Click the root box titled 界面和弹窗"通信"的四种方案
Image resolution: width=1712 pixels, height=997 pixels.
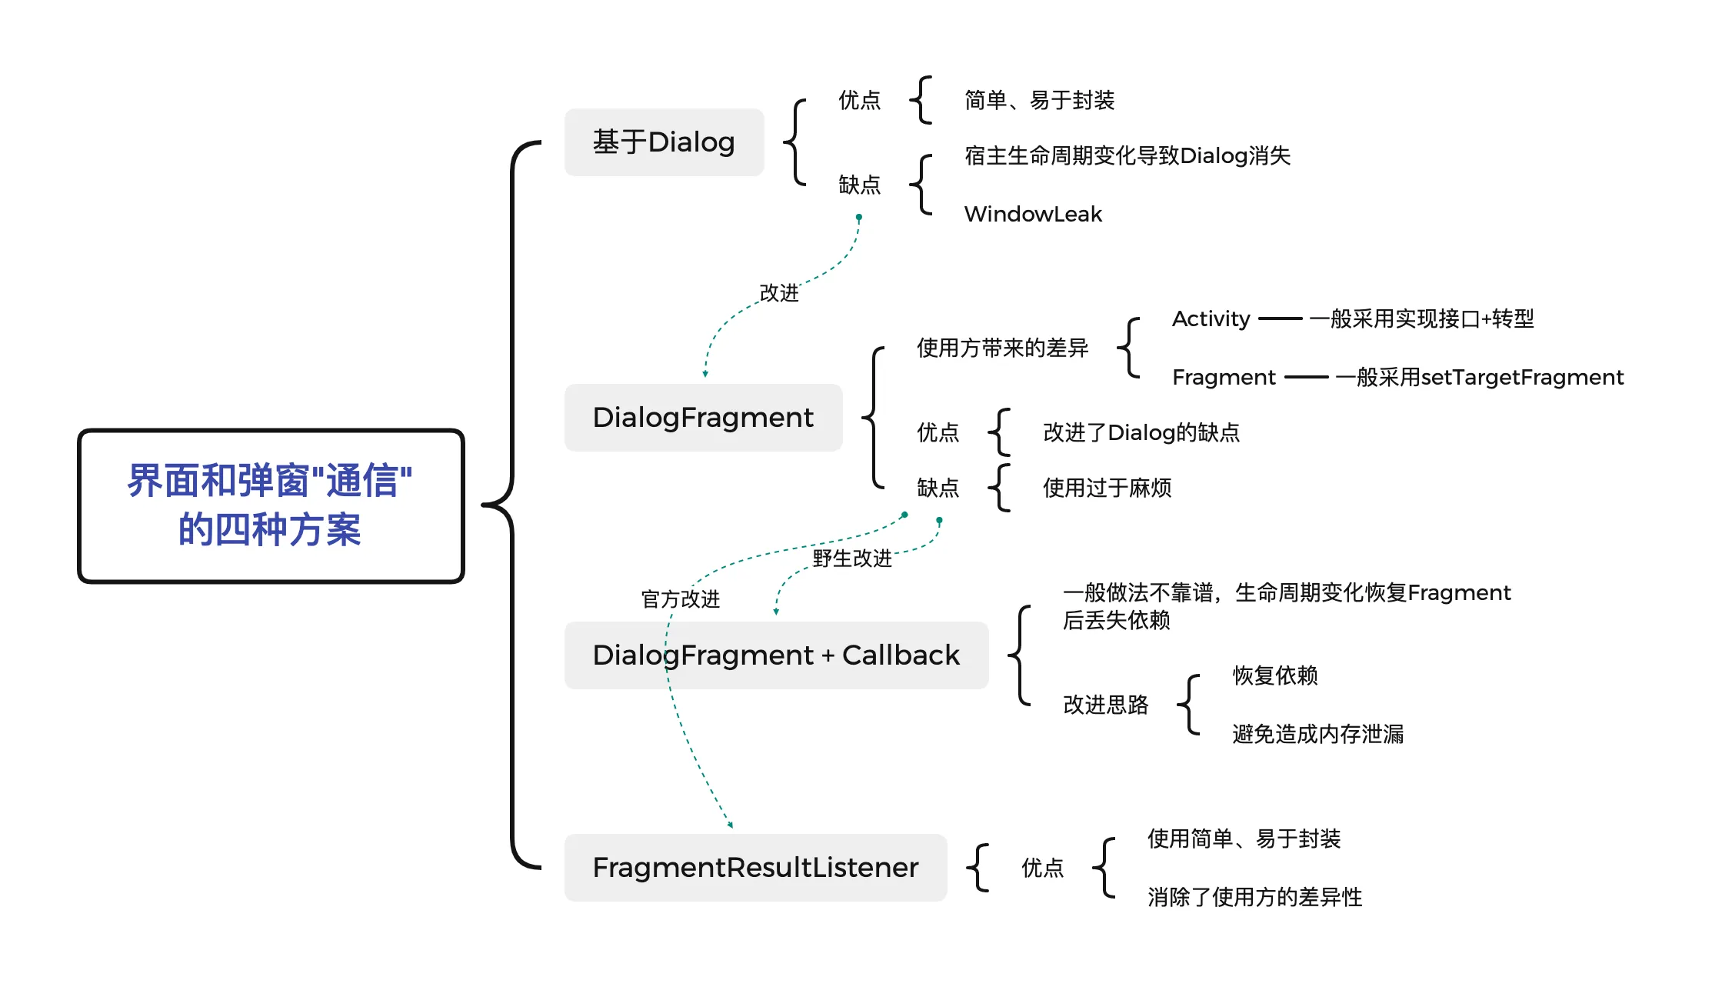pos(271,505)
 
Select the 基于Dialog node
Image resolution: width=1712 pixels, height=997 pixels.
pos(664,142)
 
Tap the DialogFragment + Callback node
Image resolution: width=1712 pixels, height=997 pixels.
pos(776,655)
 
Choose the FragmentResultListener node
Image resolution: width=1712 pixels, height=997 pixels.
pos(755,868)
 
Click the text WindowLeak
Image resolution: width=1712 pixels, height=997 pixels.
pos(1033,214)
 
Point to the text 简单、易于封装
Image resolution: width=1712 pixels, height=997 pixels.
pos(1040,100)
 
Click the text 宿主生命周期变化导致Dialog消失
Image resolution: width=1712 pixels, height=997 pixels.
pos(1127,156)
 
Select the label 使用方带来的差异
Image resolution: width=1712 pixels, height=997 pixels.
pos(1003,348)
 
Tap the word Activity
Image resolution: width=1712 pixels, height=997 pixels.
pos(1211,318)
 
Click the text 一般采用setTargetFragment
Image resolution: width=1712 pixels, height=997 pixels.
pos(1480,377)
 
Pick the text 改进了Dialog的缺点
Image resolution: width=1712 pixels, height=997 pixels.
pos(1141,432)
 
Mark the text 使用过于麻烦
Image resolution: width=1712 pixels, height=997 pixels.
pos(1107,488)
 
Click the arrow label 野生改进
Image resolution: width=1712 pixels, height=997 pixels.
pos(852,559)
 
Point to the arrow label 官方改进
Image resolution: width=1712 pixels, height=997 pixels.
pos(681,599)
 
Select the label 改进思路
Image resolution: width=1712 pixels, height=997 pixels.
pos(1106,705)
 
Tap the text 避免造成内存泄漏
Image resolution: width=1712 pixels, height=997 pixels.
pos(1318,734)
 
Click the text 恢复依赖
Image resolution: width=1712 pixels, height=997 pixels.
pos(1275,675)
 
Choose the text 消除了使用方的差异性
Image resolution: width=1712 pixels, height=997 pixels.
pos(1255,897)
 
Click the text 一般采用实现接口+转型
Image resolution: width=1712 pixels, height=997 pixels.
pos(1422,318)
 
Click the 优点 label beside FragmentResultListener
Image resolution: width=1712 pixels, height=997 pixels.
pos(1043,868)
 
